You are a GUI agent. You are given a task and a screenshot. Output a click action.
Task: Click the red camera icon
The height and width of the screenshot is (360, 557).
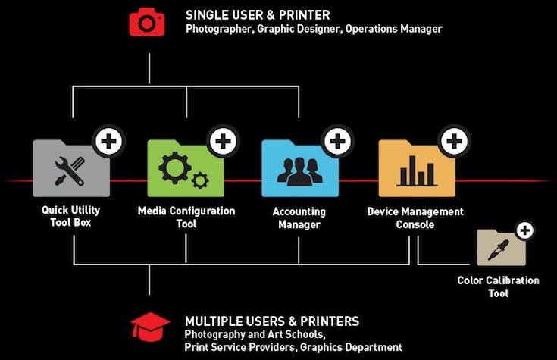(x=146, y=22)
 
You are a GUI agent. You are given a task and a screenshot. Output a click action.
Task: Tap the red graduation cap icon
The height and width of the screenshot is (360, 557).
(x=150, y=327)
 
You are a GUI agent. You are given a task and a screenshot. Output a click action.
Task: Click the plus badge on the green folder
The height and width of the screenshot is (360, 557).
(x=222, y=141)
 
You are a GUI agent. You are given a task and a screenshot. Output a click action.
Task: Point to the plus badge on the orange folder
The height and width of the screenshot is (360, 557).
(x=453, y=141)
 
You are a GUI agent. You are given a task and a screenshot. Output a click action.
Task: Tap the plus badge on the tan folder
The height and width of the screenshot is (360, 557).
(x=524, y=230)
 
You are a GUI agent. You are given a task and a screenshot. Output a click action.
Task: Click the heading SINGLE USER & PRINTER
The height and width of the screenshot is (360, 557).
(x=257, y=14)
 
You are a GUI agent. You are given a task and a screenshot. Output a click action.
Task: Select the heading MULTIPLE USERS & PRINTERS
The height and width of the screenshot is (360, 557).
(x=272, y=321)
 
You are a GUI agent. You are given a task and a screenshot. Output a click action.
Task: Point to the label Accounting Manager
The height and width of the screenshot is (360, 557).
(x=299, y=218)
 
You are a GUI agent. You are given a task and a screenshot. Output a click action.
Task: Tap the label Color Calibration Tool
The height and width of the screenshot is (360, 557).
(x=498, y=286)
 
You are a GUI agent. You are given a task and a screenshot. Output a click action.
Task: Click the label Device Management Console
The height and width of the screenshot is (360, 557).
(x=415, y=218)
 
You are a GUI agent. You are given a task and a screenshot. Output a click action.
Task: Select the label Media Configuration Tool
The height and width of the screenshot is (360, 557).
(x=186, y=217)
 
